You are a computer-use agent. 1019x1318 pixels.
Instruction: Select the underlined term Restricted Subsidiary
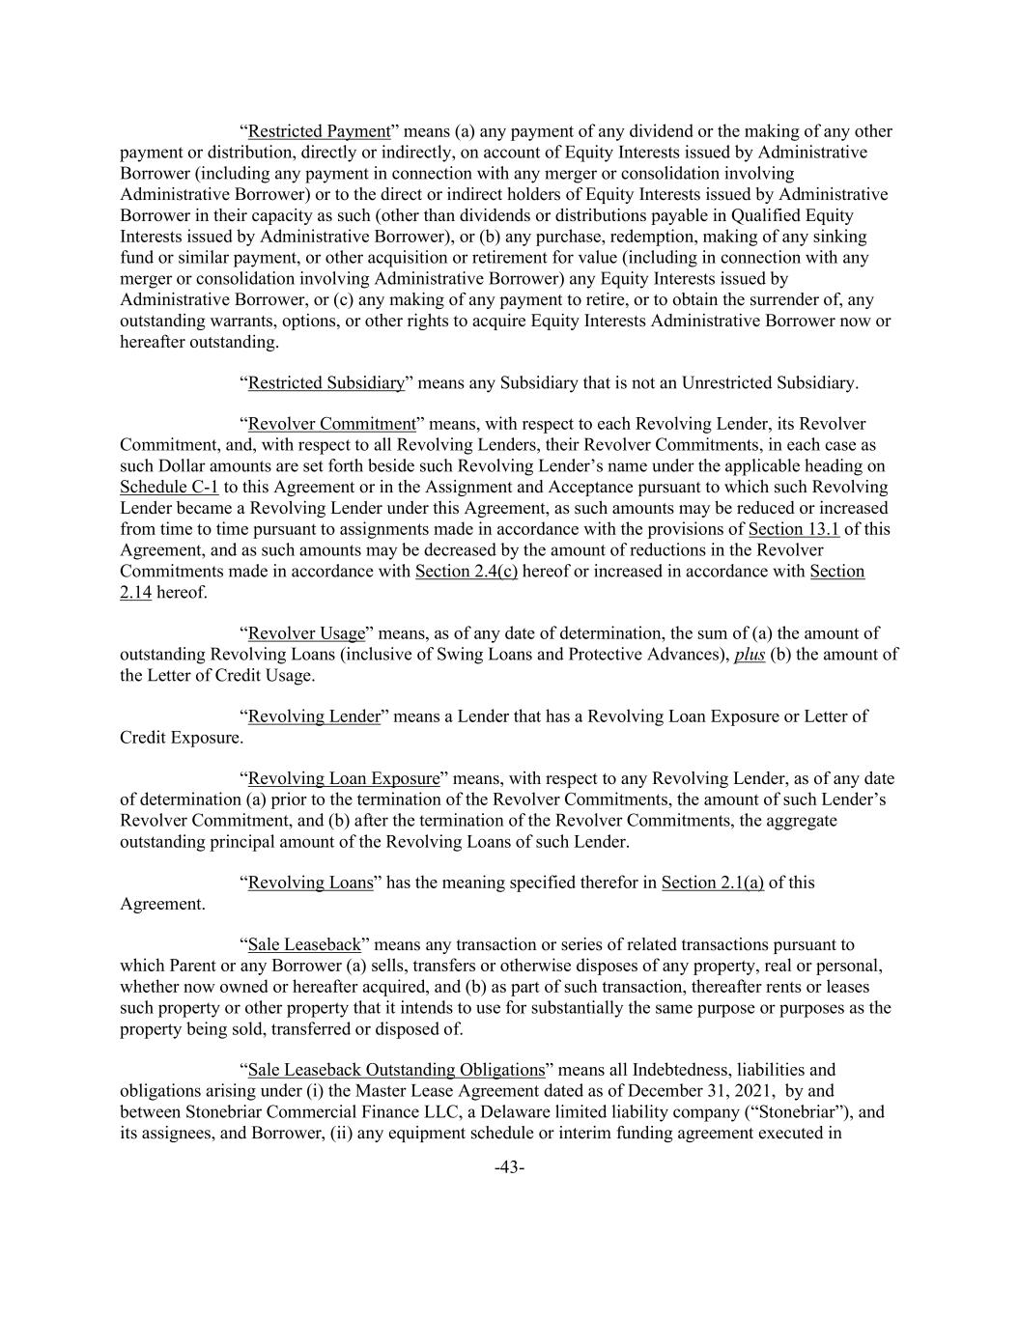(326, 382)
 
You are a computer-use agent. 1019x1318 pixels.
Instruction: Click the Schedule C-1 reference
(169, 487)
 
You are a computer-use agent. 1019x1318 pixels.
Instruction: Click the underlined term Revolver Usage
(306, 633)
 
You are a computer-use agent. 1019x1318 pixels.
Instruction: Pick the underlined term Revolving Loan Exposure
(344, 778)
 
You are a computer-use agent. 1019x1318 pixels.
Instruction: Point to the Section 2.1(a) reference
(713, 883)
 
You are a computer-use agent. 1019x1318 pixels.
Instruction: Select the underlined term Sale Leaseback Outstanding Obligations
(396, 1070)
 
